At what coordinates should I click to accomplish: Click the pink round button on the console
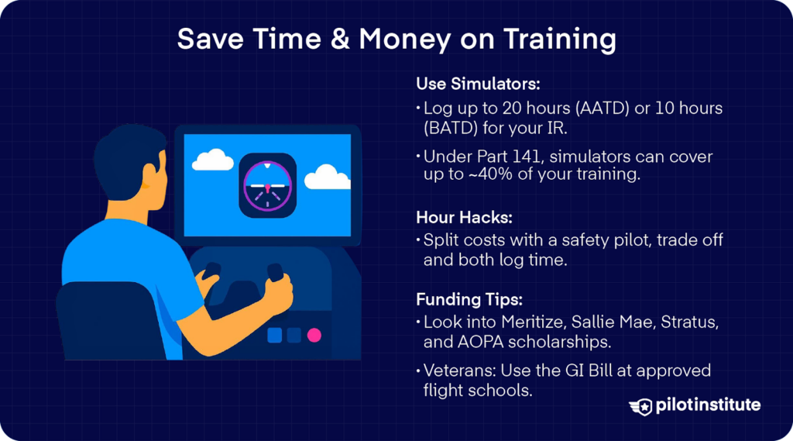(314, 335)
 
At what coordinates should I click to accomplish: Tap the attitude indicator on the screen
(267, 186)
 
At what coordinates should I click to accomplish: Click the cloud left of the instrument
(213, 160)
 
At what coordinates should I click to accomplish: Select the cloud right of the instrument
(328, 177)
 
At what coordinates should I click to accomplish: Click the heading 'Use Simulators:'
(478, 84)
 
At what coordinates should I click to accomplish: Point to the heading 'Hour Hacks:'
(465, 217)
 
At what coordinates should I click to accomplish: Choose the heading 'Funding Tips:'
(469, 299)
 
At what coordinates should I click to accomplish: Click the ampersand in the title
(340, 39)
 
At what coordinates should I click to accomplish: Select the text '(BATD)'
(451, 128)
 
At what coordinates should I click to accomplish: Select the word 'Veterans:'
(460, 370)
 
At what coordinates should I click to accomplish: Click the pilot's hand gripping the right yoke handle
(279, 293)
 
